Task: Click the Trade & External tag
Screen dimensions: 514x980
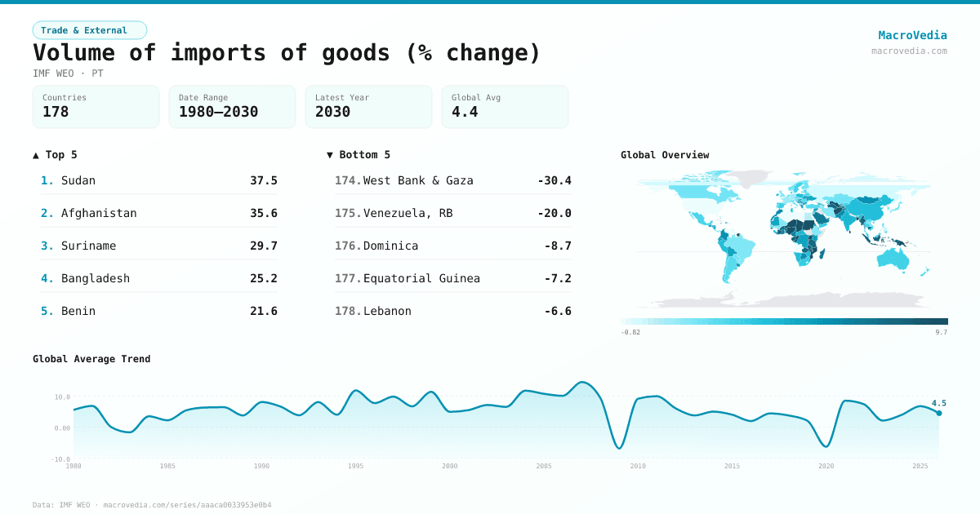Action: point(89,30)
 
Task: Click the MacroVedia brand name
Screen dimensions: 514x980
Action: point(912,35)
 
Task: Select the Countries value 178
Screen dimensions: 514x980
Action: point(56,112)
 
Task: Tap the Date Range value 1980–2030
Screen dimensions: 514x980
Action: point(218,112)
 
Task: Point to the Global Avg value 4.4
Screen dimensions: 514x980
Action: point(465,112)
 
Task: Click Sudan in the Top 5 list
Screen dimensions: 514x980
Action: point(78,180)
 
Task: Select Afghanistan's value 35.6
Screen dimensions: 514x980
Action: point(263,213)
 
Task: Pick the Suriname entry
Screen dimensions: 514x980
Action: point(88,246)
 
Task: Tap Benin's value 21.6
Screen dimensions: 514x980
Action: point(263,311)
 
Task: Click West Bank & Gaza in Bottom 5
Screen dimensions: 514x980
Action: point(418,180)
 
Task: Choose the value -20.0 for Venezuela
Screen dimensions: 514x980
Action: point(555,213)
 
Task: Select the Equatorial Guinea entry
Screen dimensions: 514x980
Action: point(421,278)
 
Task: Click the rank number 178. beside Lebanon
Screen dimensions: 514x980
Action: point(347,311)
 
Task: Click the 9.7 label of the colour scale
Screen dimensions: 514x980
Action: point(941,332)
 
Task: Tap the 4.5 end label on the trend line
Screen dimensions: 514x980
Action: point(938,403)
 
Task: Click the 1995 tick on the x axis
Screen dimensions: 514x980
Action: point(355,466)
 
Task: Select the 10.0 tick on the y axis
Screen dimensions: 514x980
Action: point(62,397)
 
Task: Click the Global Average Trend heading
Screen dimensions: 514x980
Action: point(91,359)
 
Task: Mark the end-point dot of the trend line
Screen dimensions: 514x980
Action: point(938,413)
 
